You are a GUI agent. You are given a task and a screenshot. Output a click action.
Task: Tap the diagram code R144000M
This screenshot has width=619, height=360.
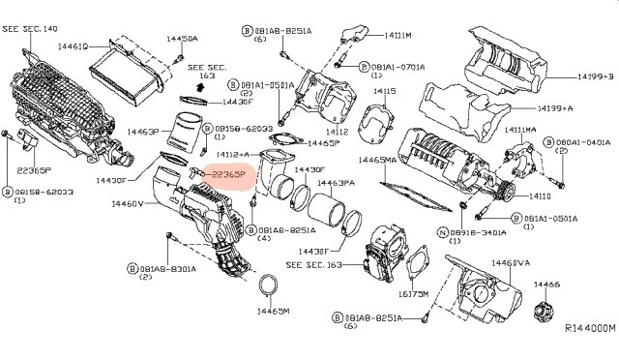pos(589,328)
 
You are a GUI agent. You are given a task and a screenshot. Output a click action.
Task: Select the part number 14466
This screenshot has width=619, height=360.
pos(547,285)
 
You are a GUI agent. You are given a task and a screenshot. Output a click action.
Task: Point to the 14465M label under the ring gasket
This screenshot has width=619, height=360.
pos(273,312)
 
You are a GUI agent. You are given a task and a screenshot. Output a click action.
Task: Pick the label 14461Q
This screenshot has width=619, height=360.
pos(74,45)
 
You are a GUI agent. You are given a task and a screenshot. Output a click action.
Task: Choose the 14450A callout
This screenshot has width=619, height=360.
pos(181,39)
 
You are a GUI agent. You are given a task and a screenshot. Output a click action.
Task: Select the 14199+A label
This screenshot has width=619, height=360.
pos(555,108)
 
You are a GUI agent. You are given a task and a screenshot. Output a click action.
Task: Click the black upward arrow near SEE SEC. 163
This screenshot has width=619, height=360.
pos(199,86)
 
